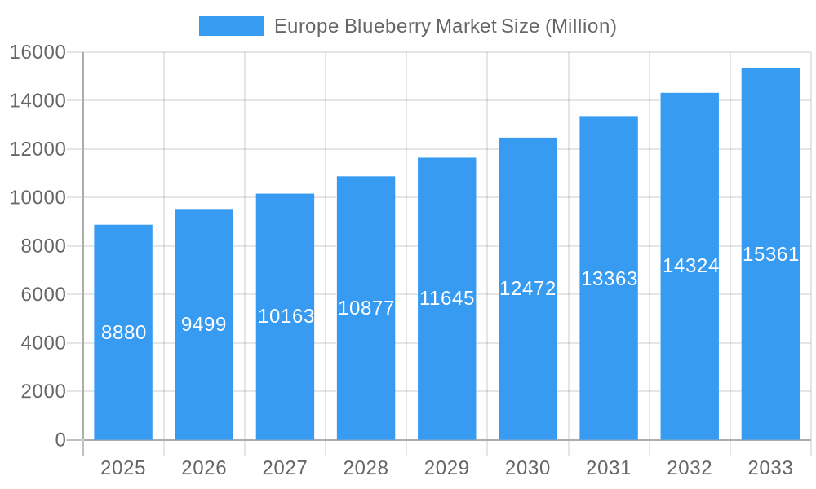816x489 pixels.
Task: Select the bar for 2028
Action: click(x=366, y=375)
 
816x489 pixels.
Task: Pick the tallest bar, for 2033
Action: click(x=770, y=342)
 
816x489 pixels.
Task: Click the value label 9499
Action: click(x=204, y=324)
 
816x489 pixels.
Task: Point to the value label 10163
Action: click(x=286, y=316)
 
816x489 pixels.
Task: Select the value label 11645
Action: click(x=446, y=298)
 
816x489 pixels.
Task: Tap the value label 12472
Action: click(x=527, y=289)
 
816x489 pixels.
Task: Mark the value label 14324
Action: click(x=690, y=266)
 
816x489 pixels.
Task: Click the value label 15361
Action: click(x=770, y=254)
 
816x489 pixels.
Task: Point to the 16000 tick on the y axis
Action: click(x=38, y=52)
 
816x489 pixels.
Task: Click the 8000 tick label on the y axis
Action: click(x=42, y=246)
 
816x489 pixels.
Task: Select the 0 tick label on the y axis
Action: click(x=60, y=440)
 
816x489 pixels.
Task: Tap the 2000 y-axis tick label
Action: click(x=42, y=391)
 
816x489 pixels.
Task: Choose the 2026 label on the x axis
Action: click(x=204, y=468)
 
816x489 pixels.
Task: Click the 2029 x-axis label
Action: click(x=446, y=468)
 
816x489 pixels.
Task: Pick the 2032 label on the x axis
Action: click(x=690, y=468)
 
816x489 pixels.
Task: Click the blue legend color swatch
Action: click(x=232, y=26)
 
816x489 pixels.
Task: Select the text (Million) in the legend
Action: click(x=580, y=26)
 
